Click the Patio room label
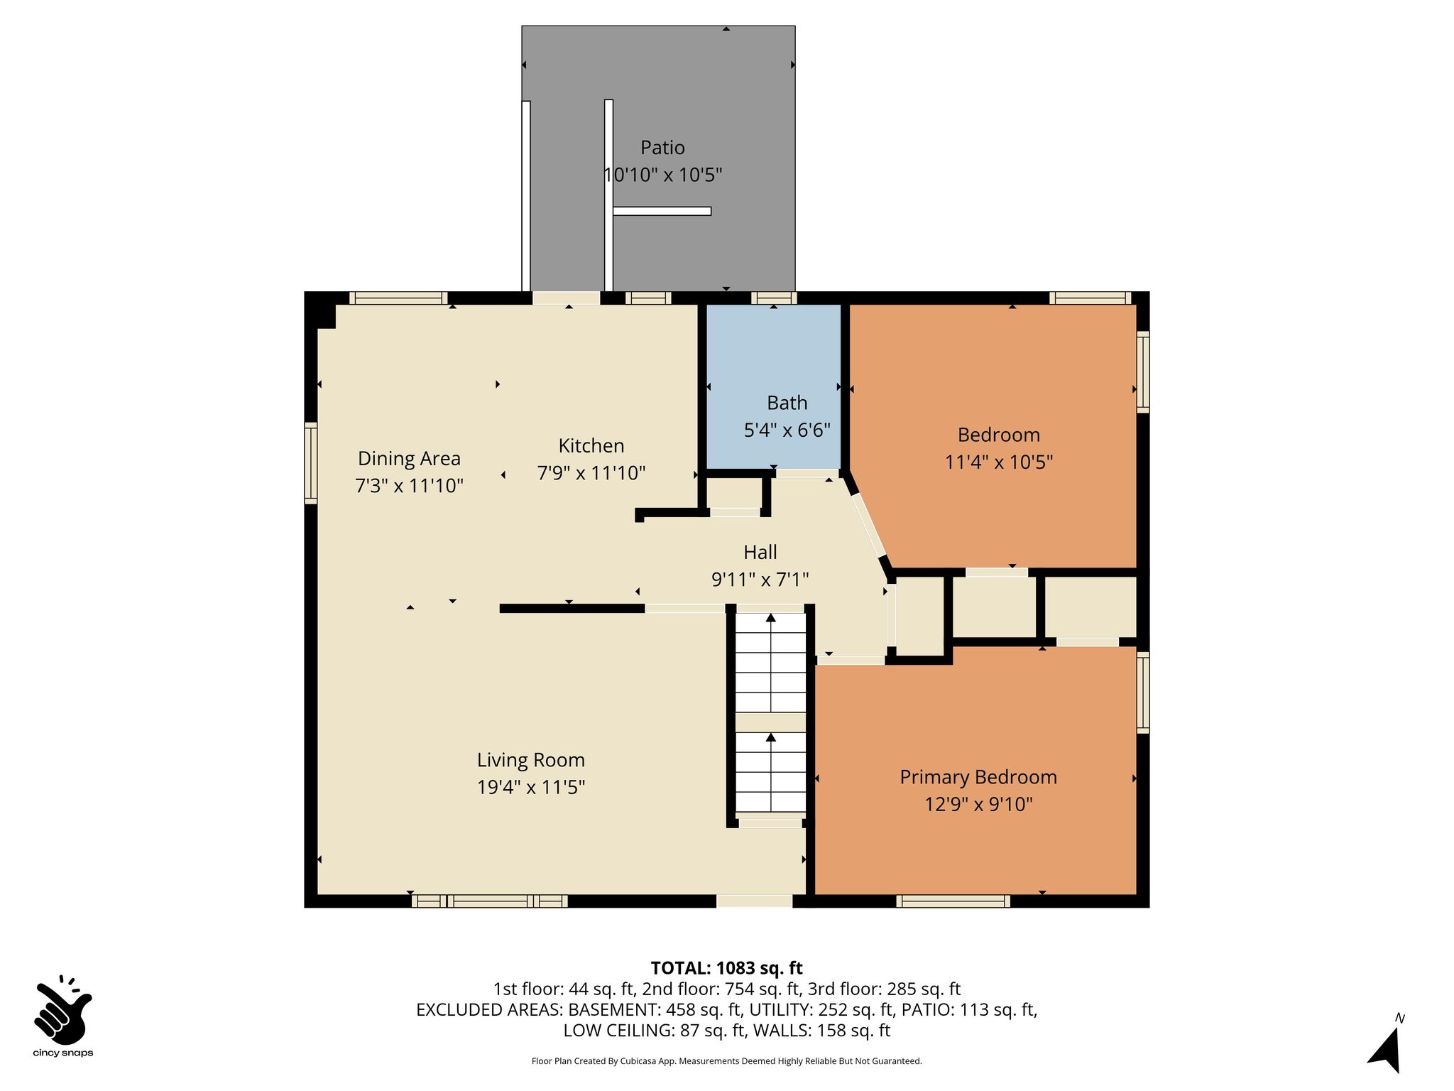662,148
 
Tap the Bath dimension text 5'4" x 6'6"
787,430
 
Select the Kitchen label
591,445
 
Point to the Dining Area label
409,459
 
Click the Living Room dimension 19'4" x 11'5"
531,787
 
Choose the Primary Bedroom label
978,778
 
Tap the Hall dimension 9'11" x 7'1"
760,580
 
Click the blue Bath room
773,386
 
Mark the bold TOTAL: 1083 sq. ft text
726,968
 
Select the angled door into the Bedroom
869,525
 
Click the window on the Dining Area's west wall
310,463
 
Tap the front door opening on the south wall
754,901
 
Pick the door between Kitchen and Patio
567,298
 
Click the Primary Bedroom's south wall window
953,901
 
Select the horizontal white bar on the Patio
662,211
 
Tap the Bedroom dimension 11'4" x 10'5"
998,462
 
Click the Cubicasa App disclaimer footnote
726,1061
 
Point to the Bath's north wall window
774,298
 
